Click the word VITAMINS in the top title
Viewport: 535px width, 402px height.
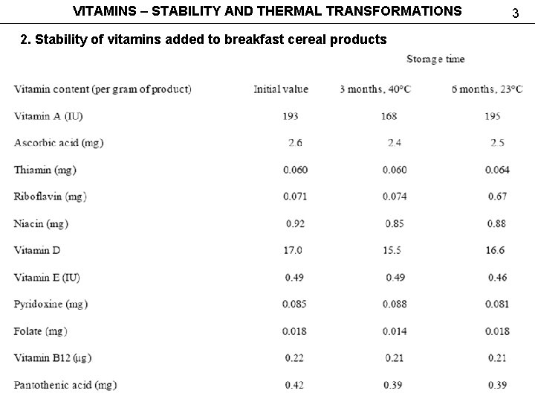coord(104,11)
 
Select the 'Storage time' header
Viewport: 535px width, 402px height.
coord(435,59)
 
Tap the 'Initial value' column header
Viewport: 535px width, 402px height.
coord(280,89)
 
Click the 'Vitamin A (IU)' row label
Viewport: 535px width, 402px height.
coord(48,116)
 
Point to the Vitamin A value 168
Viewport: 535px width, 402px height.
coord(389,116)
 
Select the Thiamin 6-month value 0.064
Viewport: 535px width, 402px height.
coord(497,170)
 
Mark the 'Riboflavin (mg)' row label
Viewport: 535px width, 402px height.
coord(50,197)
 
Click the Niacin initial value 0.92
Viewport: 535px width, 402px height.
coord(294,223)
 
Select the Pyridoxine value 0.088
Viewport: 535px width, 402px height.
coord(395,304)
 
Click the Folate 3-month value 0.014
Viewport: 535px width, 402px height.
coord(395,331)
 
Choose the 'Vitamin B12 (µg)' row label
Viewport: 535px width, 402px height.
coord(52,358)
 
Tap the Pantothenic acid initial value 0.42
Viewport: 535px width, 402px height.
coord(294,385)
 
